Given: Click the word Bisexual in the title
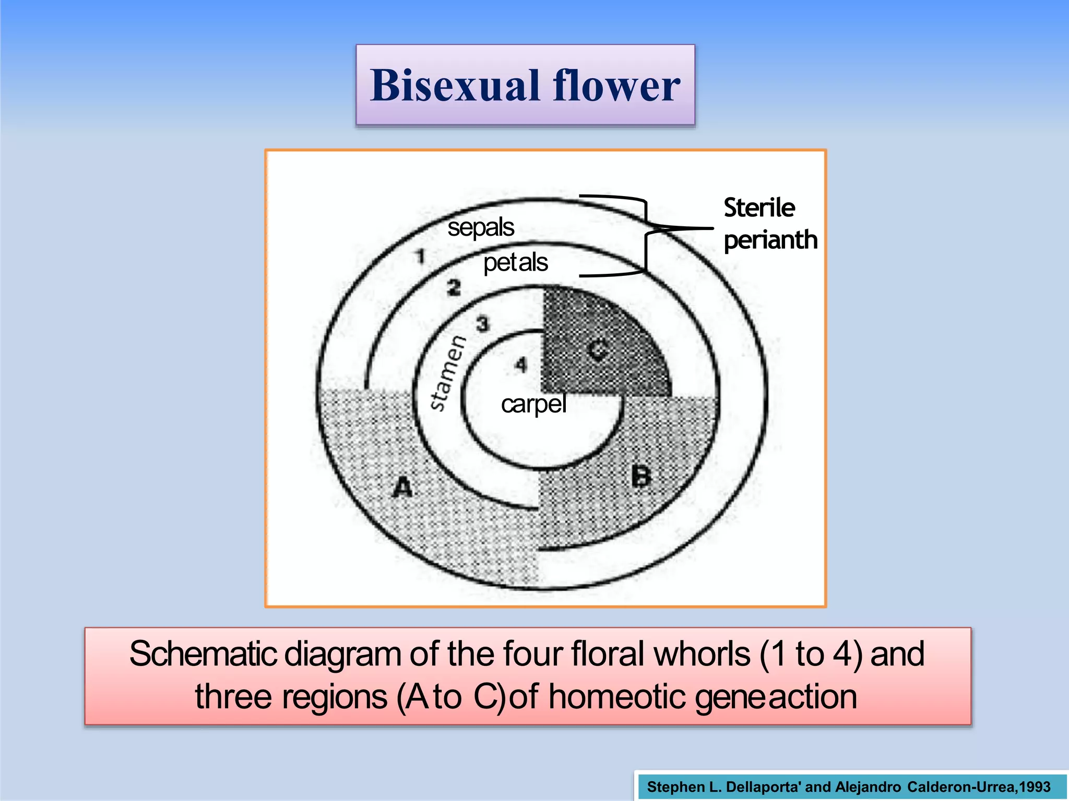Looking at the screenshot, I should [x=454, y=86].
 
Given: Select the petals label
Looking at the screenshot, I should [x=515, y=263].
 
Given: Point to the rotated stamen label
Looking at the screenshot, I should [x=447, y=373].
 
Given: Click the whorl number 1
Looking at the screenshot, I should [x=421, y=257].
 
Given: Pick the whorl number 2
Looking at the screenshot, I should [x=454, y=288].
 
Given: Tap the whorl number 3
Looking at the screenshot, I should [x=483, y=324].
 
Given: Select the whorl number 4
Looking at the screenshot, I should [x=520, y=365].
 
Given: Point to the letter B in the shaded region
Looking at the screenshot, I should [x=642, y=476].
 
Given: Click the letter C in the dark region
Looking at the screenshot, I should [x=598, y=350].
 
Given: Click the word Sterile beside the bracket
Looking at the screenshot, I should [x=759, y=208].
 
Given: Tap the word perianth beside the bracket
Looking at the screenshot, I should [x=770, y=240].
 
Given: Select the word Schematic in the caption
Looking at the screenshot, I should [x=204, y=654].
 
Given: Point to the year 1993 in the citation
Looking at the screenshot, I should [x=1035, y=787].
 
